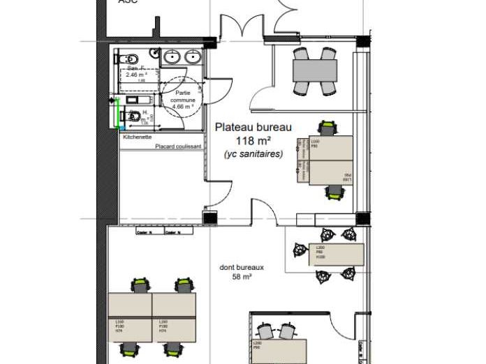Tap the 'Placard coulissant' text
[178, 146]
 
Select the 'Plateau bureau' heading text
[253, 127]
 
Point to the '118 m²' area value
[253, 142]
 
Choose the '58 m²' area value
[241, 277]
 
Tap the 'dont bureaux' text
[241, 267]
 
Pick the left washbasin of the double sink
[172, 57]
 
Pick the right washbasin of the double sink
[193, 57]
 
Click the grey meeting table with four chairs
[314, 70]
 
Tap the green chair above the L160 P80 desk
[326, 128]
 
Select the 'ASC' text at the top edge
[127, 2]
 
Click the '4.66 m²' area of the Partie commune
[183, 107]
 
